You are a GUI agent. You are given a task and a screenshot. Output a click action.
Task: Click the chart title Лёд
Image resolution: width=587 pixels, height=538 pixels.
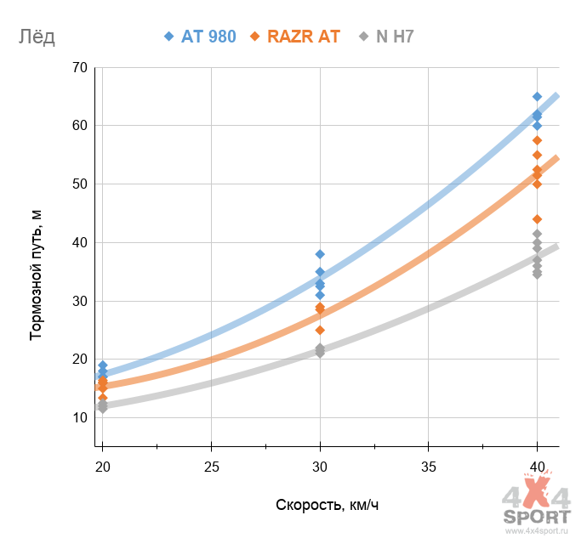click(x=36, y=37)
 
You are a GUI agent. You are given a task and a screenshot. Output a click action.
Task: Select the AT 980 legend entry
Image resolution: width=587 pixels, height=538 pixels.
click(x=200, y=37)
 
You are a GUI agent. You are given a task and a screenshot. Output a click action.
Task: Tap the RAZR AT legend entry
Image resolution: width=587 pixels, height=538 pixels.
click(x=295, y=37)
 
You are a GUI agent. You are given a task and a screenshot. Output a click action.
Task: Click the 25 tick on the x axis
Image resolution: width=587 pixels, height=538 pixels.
click(x=211, y=465)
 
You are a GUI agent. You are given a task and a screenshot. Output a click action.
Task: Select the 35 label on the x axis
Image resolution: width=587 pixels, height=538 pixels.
click(x=429, y=465)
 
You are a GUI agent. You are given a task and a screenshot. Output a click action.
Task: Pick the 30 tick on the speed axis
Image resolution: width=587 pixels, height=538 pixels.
click(x=320, y=465)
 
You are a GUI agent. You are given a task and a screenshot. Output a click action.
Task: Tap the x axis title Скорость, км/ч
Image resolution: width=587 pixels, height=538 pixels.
click(x=328, y=505)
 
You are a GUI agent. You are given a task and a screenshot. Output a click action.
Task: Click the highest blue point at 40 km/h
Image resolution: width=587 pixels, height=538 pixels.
click(x=537, y=97)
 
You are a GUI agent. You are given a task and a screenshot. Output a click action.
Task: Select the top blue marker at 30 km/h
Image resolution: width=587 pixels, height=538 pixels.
click(x=320, y=254)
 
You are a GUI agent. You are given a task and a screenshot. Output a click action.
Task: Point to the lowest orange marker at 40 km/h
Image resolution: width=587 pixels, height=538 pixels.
click(x=537, y=219)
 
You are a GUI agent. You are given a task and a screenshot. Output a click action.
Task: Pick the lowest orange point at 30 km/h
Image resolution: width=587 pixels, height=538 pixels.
click(x=320, y=330)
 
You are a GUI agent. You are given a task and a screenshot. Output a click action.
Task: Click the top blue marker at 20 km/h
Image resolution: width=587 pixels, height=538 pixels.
click(x=103, y=365)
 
